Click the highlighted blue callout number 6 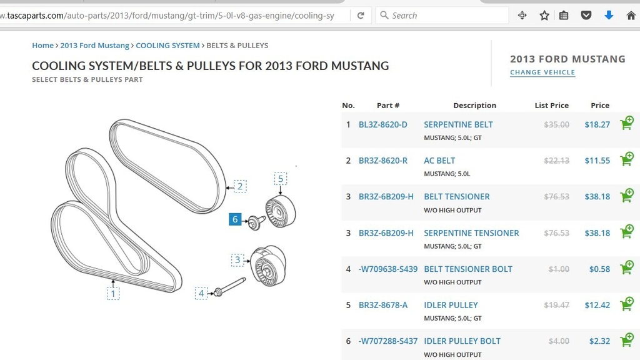point(236,219)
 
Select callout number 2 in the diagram point(241,186)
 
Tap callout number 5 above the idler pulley point(281,179)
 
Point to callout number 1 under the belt point(113,293)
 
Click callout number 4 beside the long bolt point(201,293)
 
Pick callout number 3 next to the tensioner point(237,259)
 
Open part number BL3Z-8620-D point(382,124)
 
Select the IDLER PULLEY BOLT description point(462,341)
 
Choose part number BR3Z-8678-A point(382,305)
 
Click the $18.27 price point(597,124)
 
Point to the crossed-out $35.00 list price point(556,124)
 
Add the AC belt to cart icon point(626,159)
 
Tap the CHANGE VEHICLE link point(542,72)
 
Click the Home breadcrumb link point(42,46)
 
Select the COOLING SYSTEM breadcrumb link point(167,46)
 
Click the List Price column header point(551,106)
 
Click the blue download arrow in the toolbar point(609,16)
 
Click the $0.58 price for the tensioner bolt point(599,269)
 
